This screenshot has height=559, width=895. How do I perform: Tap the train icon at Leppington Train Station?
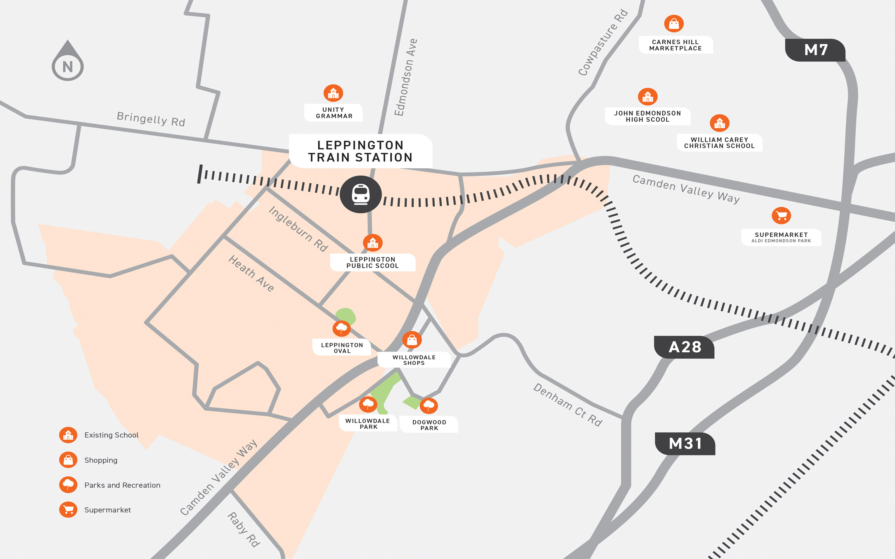pyautogui.click(x=360, y=194)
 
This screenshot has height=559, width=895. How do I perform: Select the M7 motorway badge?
pyautogui.click(x=815, y=50)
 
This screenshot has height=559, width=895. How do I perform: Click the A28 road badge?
pyautogui.click(x=684, y=347)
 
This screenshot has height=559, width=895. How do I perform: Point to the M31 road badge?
pyautogui.click(x=685, y=443)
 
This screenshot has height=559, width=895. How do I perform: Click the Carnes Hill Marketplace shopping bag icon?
pyautogui.click(x=674, y=24)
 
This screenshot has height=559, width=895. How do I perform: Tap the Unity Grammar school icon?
pyautogui.click(x=333, y=93)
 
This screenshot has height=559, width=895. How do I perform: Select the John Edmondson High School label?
pyautogui.click(x=647, y=116)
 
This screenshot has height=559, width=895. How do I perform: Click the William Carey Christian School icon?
pyautogui.click(x=720, y=123)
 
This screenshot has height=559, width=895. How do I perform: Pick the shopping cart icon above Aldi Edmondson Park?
pyautogui.click(x=781, y=215)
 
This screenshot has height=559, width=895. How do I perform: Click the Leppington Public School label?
pyautogui.click(x=372, y=262)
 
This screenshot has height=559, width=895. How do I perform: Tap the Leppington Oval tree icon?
pyautogui.click(x=341, y=328)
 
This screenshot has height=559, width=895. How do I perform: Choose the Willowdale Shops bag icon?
pyautogui.click(x=412, y=340)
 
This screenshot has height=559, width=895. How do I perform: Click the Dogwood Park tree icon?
pyautogui.click(x=429, y=406)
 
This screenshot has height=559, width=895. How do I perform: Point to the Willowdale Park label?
pyautogui.click(x=368, y=424)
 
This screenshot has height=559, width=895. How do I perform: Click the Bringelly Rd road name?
pyautogui.click(x=151, y=119)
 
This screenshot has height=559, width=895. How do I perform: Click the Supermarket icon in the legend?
pyautogui.click(x=68, y=509)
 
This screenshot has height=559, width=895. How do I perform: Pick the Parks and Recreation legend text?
pyautogui.click(x=122, y=485)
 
